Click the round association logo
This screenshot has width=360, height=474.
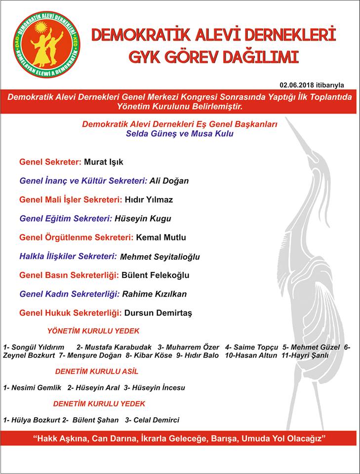point(47,44)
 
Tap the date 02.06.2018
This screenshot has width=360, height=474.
point(299,85)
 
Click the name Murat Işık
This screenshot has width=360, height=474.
point(104,162)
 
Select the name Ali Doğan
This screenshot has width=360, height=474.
point(169,181)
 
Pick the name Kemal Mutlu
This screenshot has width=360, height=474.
point(161,237)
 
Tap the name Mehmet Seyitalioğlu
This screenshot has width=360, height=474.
point(160,257)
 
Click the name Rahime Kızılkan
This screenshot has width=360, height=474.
point(155,294)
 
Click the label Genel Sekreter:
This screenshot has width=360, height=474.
point(50,162)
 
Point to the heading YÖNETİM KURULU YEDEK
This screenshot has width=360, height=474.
point(93,331)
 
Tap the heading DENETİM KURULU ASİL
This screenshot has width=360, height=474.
point(97,371)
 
